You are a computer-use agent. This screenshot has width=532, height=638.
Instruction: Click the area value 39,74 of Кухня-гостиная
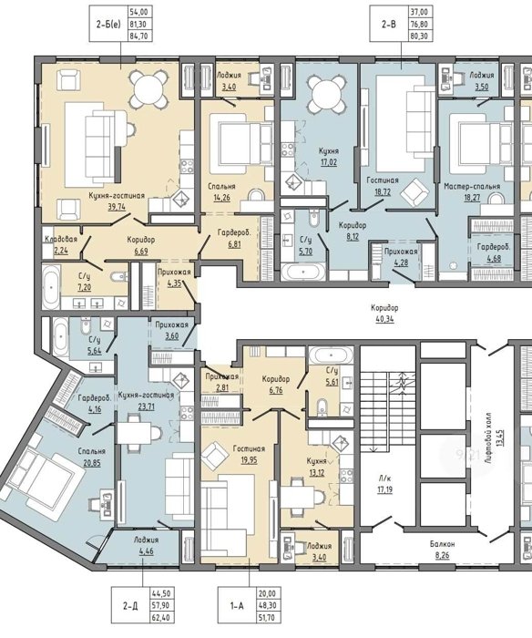pos(116,206)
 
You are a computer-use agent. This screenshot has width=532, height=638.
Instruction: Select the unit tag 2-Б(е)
pos(108,25)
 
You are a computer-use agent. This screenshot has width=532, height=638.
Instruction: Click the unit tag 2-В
pos(388,25)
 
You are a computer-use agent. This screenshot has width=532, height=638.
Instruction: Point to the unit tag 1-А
pos(237,606)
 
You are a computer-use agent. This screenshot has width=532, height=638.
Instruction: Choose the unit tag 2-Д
pos(130,606)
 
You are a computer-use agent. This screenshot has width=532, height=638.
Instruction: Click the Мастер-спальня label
pos(472,186)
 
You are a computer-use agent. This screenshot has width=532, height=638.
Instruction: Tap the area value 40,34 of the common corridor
pos(384,319)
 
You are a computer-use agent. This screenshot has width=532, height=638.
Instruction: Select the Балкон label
pos(442,543)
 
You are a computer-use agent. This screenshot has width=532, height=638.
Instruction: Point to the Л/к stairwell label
pos(384,478)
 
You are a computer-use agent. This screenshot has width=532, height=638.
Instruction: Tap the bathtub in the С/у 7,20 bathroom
pos(51,287)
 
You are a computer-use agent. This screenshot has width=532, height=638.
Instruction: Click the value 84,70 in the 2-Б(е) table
pos(140,36)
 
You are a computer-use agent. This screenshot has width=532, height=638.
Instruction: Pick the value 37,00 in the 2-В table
pos(420,13)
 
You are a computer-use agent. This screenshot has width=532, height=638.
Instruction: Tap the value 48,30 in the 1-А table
pos(266,606)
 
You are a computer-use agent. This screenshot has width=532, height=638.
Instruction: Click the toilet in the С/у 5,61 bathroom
pos(322,407)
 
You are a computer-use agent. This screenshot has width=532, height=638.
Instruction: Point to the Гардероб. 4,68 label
pos(494,252)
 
